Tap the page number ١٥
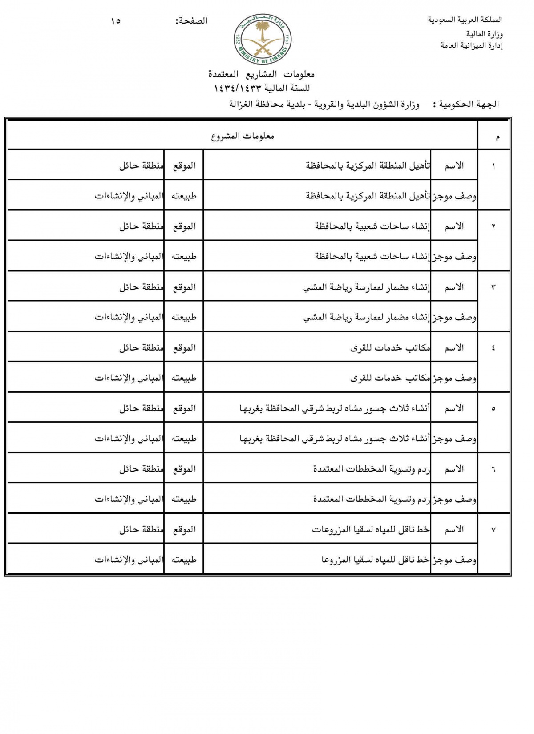click(116, 21)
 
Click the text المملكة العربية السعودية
click(465, 20)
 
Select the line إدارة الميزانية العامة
click(471, 45)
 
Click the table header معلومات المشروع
click(243, 136)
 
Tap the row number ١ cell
click(493, 166)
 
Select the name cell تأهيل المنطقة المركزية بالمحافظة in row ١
click(368, 165)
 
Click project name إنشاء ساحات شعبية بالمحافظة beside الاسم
click(372, 226)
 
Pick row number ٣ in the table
click(493, 287)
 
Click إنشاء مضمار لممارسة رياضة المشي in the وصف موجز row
click(367, 317)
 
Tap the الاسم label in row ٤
click(454, 348)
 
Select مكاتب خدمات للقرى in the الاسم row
click(390, 348)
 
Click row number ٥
click(493, 409)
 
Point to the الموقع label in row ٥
click(184, 408)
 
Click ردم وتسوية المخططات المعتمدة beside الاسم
click(372, 469)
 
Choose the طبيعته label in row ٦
click(184, 499)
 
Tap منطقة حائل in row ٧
click(141, 530)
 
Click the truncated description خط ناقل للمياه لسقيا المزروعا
click(376, 560)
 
